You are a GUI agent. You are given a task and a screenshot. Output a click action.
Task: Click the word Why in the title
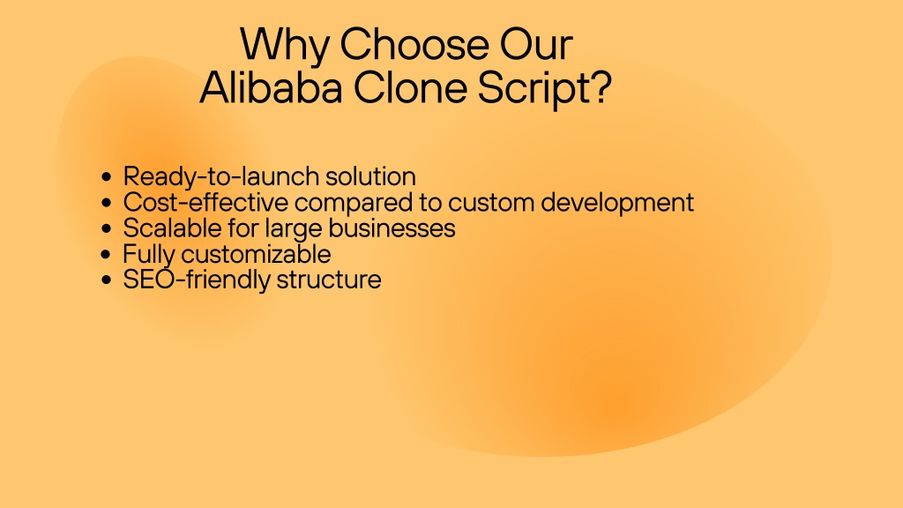pos(285,45)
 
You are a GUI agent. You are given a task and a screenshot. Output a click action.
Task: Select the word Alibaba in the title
pos(271,87)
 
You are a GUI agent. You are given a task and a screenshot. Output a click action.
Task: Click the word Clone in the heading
pos(409,87)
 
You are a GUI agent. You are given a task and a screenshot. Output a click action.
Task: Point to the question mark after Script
pos(600,87)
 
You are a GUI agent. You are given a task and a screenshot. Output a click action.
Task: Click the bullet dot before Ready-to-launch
pos(106,176)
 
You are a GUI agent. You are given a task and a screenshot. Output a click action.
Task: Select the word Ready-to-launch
pos(220,176)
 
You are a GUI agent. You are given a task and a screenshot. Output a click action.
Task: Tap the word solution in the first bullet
pos(371,176)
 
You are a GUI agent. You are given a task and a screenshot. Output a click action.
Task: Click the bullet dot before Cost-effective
pos(106,203)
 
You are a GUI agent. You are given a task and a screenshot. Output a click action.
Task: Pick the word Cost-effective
pos(205,202)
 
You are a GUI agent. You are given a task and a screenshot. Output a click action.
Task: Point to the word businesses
pos(392,228)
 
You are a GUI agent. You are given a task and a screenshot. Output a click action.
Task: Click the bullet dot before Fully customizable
pos(106,254)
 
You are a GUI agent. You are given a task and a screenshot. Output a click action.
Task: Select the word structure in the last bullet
pos(329,280)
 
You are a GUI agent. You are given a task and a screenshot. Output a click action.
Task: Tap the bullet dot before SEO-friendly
pos(106,280)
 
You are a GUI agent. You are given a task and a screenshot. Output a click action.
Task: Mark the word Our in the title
pos(536,44)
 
